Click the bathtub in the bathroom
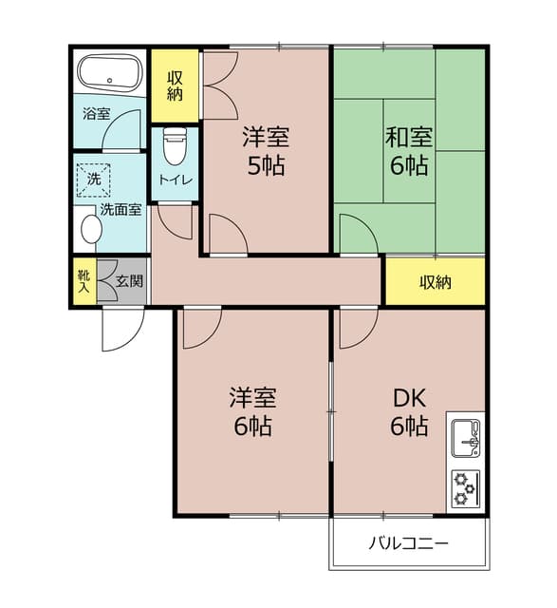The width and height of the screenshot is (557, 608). coord(109,75)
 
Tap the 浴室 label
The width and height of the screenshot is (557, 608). coord(97,114)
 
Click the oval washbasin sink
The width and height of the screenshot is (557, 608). coord(91,229)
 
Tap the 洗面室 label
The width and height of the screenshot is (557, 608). coord(121,209)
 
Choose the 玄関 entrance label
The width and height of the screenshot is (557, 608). coord(130,281)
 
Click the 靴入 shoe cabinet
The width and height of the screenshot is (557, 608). coord(83,281)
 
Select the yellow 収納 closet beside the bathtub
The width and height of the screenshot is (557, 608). coord(176,86)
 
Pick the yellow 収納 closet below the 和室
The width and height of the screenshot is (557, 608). coord(436,281)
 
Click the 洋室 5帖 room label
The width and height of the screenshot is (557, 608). coord(265,151)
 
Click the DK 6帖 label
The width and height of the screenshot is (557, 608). coord(409,410)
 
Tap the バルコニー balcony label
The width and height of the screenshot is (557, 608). coord(409,544)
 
